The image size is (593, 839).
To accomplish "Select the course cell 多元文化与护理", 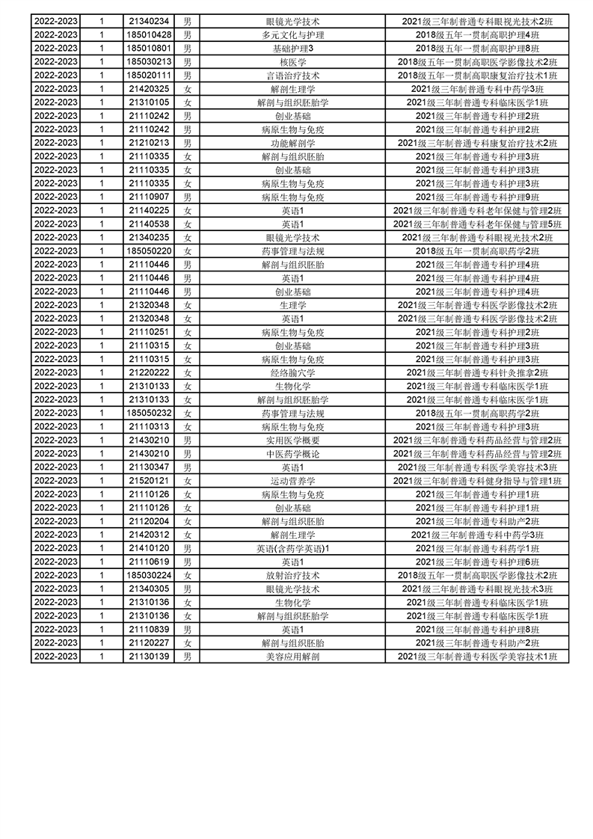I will click(292, 34).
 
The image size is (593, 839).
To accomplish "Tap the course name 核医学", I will click(292, 61).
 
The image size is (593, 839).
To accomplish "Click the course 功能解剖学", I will click(292, 143).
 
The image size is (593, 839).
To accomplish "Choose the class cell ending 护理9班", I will click(477, 197).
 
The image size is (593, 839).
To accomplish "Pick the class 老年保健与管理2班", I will click(477, 210).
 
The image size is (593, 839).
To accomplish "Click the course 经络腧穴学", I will click(292, 372).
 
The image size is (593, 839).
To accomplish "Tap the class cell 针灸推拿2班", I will click(477, 372).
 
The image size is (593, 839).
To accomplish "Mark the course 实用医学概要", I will click(292, 440).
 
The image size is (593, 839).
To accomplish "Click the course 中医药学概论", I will click(292, 453).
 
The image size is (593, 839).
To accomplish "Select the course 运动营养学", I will click(292, 481).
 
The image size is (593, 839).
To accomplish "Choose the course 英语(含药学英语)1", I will click(292, 548).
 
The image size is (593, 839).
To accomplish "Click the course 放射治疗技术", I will click(292, 575).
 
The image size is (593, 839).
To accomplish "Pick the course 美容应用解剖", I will click(292, 657).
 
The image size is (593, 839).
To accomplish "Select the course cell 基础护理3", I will click(292, 48).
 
